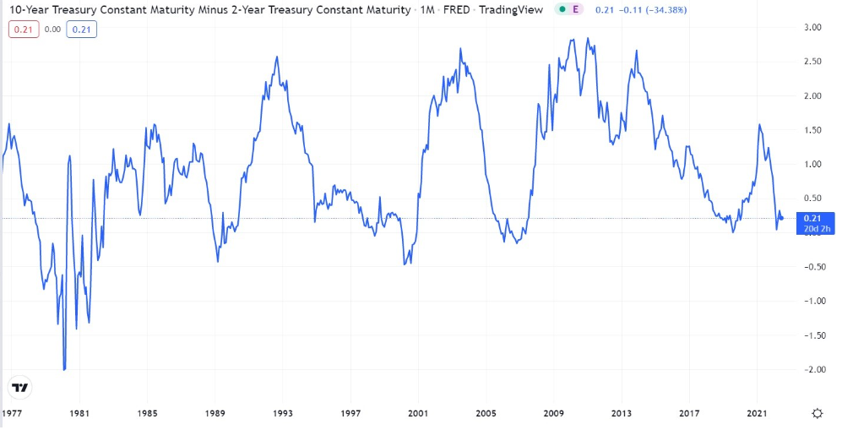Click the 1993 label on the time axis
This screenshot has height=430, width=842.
coord(283,413)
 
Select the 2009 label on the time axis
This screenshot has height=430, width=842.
coord(554,413)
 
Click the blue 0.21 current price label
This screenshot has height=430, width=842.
coord(812,218)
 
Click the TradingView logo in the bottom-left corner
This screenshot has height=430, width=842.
coord(19,389)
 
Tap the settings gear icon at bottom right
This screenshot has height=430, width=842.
coord(818,413)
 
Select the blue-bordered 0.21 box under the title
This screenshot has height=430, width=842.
coord(82,30)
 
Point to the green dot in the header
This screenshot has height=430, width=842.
coord(561,10)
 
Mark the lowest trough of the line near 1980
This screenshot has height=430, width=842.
coord(64,369)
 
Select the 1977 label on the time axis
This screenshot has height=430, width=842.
coord(12,413)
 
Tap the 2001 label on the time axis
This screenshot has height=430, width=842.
coord(418,413)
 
